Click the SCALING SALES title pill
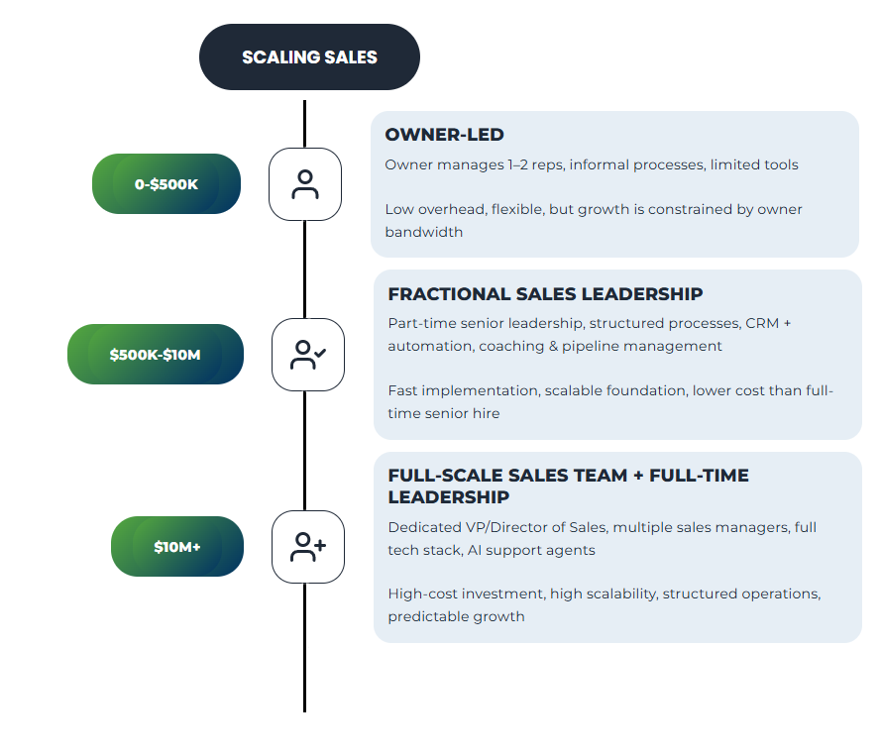point(309,57)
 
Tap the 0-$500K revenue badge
point(166,184)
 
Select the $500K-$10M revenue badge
point(156,354)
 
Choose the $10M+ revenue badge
point(177,546)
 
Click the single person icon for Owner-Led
point(305,184)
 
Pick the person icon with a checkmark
point(307,354)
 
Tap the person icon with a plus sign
point(307,546)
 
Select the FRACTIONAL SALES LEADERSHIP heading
point(545,294)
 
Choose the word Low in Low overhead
point(400,209)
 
